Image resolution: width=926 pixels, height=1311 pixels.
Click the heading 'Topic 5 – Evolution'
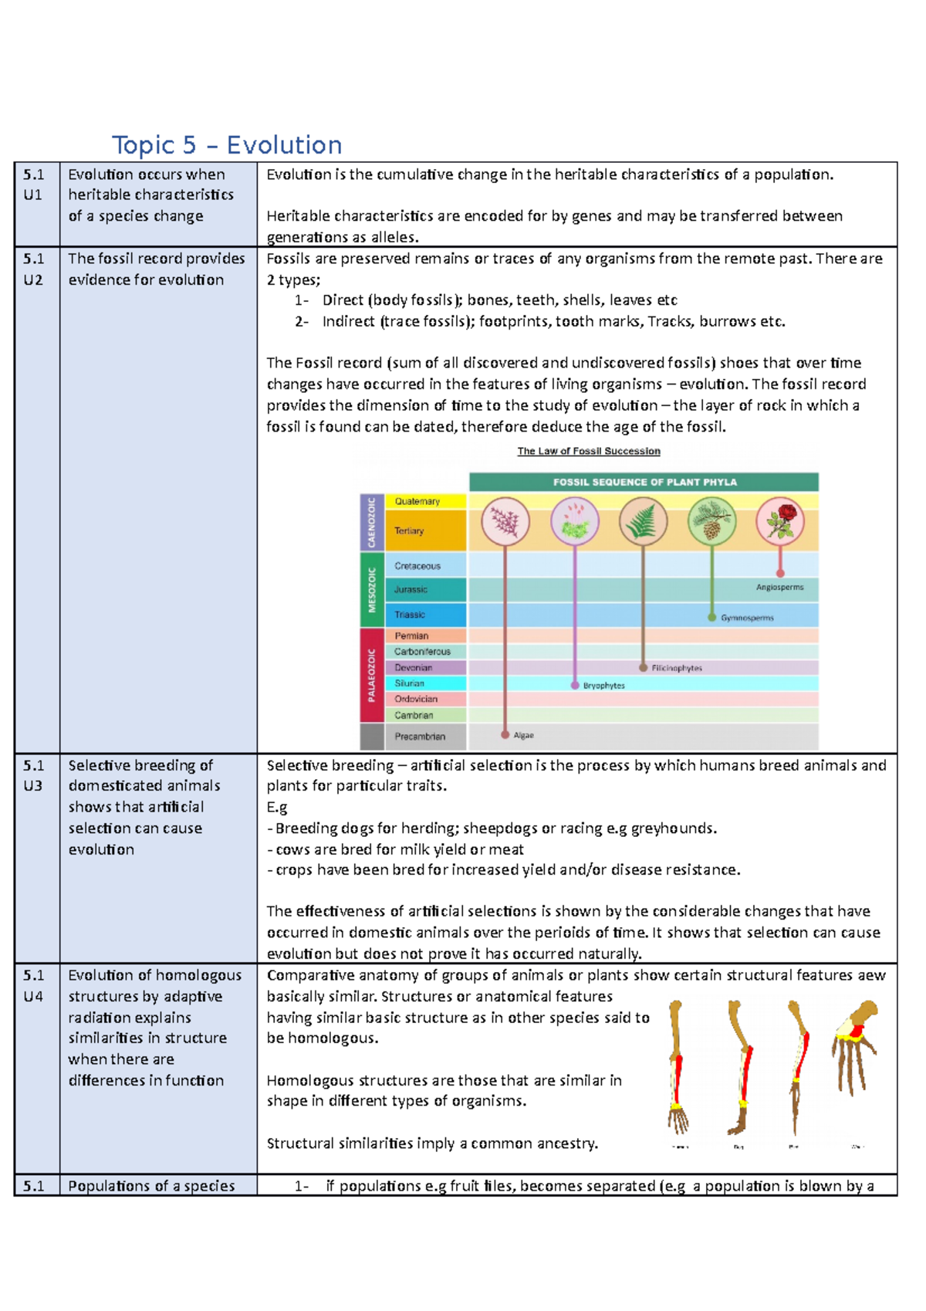click(227, 145)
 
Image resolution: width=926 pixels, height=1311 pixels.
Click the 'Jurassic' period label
click(411, 590)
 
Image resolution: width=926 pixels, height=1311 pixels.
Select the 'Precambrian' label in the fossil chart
click(420, 737)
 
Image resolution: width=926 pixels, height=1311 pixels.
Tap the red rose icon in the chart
click(780, 522)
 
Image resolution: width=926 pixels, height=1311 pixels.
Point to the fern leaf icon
click(643, 522)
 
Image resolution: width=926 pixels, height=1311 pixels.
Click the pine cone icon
click(711, 522)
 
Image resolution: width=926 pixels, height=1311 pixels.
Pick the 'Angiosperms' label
click(779, 588)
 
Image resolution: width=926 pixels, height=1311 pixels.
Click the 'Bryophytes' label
click(603, 686)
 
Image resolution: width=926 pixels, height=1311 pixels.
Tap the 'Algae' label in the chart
click(524, 736)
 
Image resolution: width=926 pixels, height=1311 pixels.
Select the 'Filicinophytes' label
click(677, 668)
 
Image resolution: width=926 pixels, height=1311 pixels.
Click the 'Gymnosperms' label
click(747, 618)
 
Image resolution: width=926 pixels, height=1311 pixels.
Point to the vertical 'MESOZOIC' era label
click(372, 590)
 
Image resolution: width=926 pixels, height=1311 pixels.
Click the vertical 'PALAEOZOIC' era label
click(372, 674)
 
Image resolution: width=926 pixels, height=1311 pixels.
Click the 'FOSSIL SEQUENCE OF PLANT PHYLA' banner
click(644, 482)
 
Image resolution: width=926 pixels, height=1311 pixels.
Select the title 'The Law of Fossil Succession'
click(589, 451)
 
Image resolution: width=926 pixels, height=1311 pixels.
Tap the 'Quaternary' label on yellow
click(417, 501)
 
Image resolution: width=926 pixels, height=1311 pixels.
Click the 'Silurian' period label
click(409, 683)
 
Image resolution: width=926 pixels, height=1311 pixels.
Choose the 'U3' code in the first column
click(33, 786)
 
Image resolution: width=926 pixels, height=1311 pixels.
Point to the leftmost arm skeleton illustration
click(678, 1065)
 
